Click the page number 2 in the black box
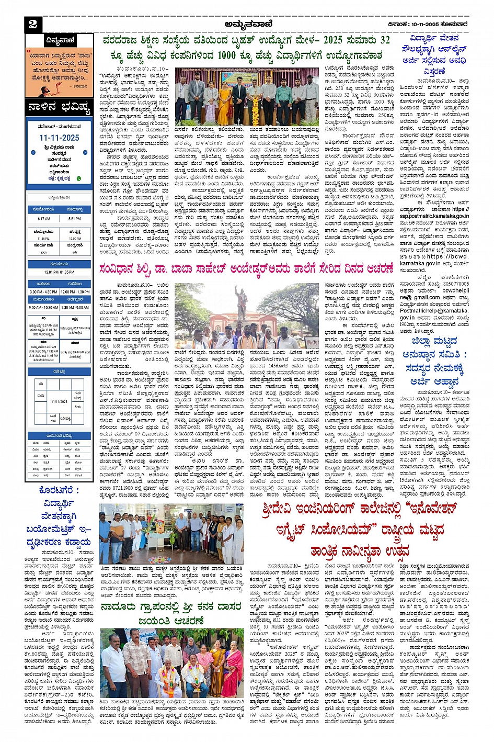[x=33, y=24]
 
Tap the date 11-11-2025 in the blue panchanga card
[x=59, y=138]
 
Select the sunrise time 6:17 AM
[x=44, y=219]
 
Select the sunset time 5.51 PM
[x=75, y=219]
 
